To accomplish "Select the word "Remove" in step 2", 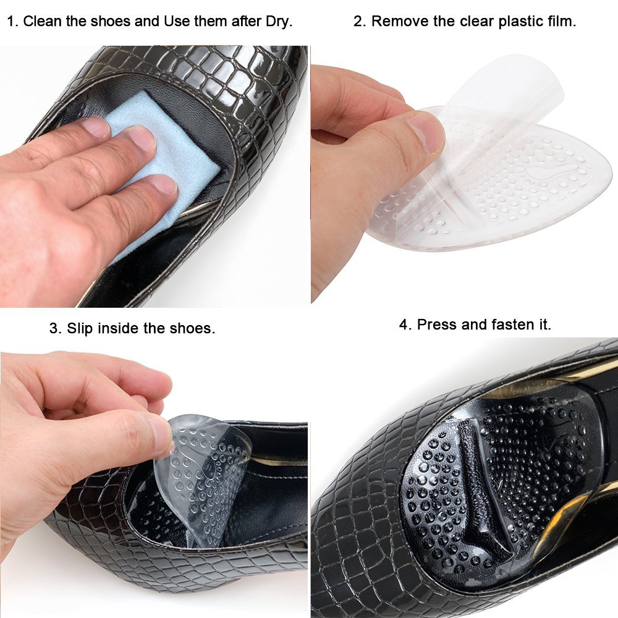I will (396, 22).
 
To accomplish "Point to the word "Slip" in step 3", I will (81, 328).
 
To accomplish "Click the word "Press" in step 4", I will (436, 324).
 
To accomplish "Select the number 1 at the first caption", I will (11, 22).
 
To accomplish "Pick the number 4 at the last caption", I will (404, 324).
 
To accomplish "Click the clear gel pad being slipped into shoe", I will (204, 470).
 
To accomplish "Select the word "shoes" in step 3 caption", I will (195, 328).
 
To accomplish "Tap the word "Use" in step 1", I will (176, 22).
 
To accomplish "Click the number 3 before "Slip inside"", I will (54, 328).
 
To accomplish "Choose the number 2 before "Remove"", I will (358, 22).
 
